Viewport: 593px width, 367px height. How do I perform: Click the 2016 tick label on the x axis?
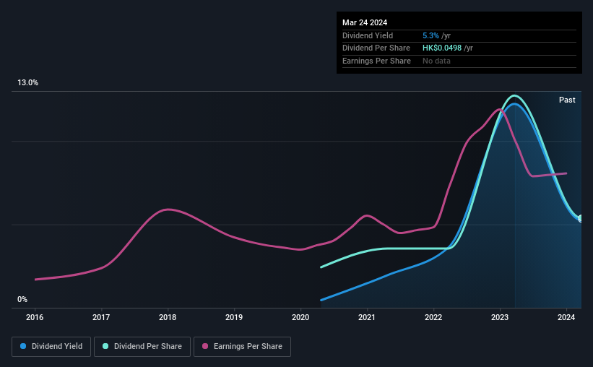[x=35, y=316]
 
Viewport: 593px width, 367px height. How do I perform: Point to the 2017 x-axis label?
[x=101, y=316]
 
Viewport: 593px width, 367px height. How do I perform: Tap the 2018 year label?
[x=168, y=316]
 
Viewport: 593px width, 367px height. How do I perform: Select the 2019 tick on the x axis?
[x=234, y=316]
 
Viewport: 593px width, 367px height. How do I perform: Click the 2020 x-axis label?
[x=300, y=316]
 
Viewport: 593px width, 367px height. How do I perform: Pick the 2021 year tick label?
[x=367, y=316]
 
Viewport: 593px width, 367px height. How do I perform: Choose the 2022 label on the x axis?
[x=433, y=316]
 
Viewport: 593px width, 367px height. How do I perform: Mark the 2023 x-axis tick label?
[x=500, y=316]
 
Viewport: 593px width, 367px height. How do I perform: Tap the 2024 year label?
[x=567, y=316]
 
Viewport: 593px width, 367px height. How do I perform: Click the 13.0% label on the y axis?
[x=27, y=83]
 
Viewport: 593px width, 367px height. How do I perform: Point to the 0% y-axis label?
[x=22, y=300]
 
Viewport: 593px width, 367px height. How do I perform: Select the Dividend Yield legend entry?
[x=51, y=347]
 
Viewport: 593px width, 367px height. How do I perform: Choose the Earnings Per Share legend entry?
[x=242, y=347]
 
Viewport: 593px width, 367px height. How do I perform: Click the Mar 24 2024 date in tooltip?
[x=365, y=22]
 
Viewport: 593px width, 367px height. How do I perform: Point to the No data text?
[x=437, y=61]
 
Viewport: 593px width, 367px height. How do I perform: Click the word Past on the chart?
[x=567, y=100]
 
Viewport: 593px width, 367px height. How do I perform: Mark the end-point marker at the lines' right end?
[x=581, y=218]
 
